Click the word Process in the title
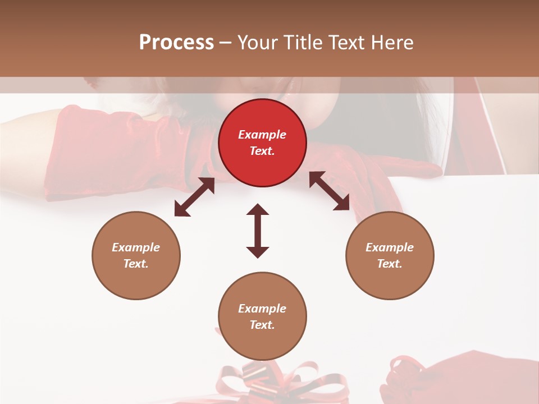coord(176,43)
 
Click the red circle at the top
coord(262,143)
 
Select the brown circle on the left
coord(136,255)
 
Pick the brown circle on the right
coord(390,255)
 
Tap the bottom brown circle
coord(262,316)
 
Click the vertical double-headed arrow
coord(258,231)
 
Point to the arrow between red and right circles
coord(330,191)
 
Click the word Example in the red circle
coord(262,135)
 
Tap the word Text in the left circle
coord(136,264)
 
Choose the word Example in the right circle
coord(390,247)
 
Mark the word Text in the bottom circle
coord(262,325)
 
